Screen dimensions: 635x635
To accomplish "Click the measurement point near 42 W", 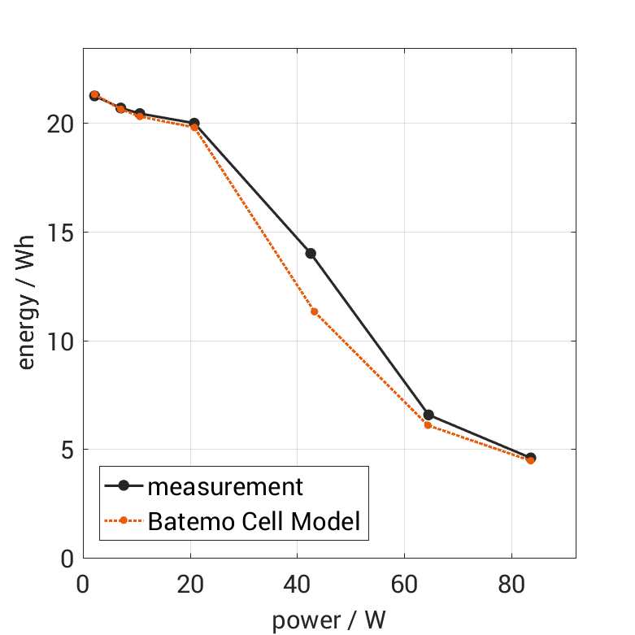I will (311, 254).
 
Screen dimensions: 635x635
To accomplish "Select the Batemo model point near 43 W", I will (314, 311).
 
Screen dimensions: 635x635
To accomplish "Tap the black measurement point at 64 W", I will (428, 415).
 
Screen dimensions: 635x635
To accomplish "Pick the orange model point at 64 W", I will (428, 425).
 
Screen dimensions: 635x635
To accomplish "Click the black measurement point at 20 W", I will (194, 123).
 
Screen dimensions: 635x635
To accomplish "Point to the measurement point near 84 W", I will (531, 458).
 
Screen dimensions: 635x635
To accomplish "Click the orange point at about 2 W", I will (94, 95).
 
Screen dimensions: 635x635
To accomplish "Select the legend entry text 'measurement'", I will (225, 487).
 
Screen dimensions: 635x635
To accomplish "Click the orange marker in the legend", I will (124, 520).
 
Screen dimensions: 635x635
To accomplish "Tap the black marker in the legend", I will (124, 486).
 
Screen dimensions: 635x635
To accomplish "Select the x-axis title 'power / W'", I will (328, 620).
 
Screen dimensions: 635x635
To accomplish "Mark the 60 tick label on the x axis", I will (404, 585).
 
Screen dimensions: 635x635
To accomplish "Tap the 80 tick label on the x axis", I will (511, 585).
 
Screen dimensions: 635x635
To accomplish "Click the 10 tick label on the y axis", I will (59, 341).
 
